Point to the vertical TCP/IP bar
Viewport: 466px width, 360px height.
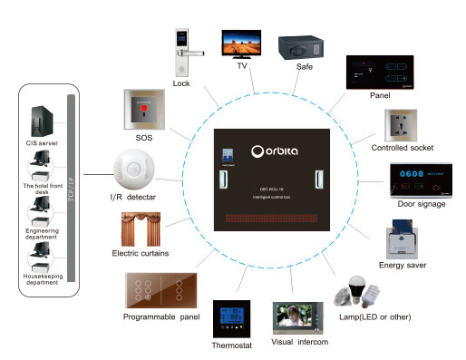pyautogui.click(x=69, y=190)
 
